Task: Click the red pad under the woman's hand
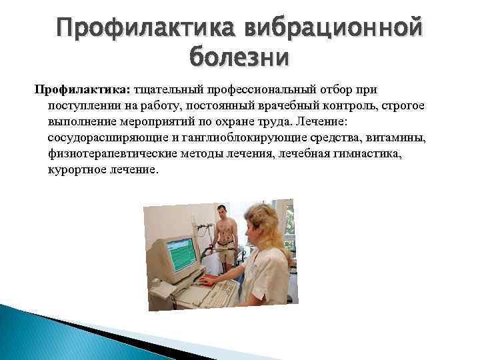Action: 212,281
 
